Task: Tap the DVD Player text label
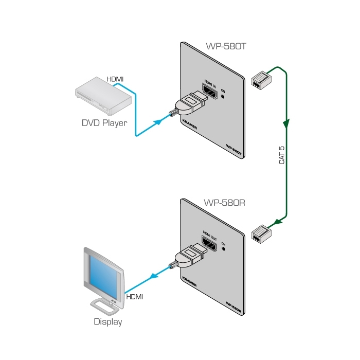click(104, 123)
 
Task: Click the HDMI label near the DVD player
click(115, 79)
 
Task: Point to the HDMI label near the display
click(134, 297)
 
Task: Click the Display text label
click(108, 322)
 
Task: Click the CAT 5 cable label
click(282, 155)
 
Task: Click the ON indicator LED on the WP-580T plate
click(223, 97)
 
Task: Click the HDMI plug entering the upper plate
click(188, 105)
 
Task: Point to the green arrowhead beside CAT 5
click(286, 124)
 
